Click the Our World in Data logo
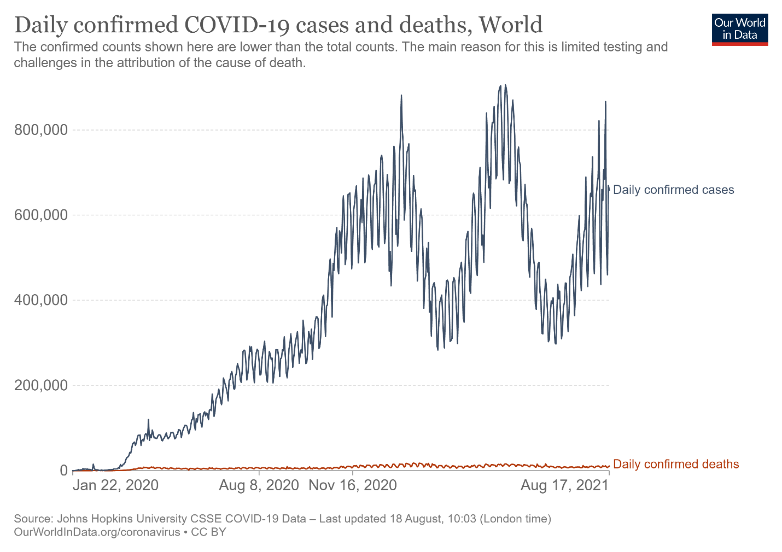click(740, 29)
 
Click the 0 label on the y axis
click(63, 471)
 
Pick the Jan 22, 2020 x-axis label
click(115, 485)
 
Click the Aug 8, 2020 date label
click(259, 485)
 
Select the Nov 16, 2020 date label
click(353, 485)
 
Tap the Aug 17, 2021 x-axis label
click(564, 485)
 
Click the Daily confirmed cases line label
click(673, 190)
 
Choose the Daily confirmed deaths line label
click(676, 465)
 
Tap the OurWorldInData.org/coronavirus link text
click(97, 532)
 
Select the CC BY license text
click(208, 532)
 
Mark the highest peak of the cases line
click(505, 85)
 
